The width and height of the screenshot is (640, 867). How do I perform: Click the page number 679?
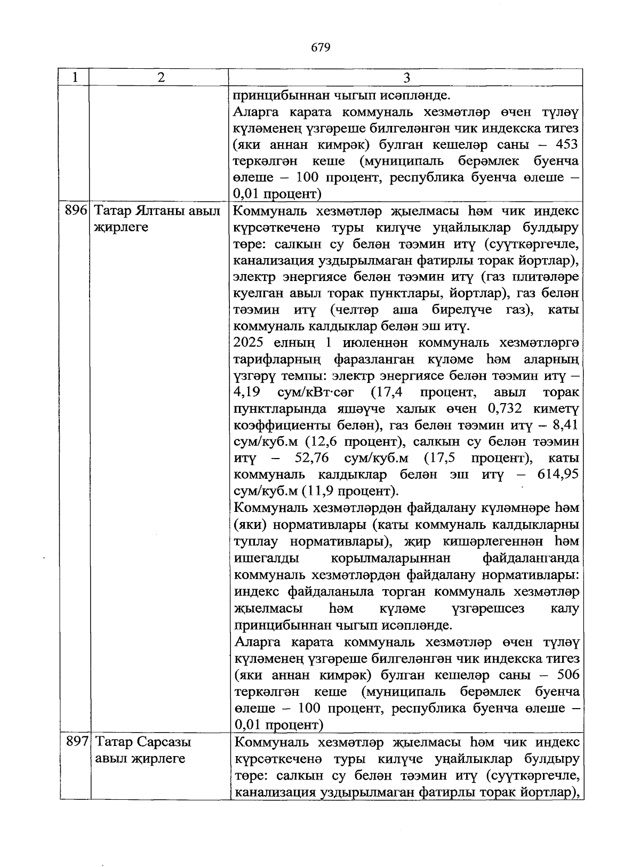pyautogui.click(x=321, y=48)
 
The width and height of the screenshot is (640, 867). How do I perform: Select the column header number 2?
pyautogui.click(x=160, y=78)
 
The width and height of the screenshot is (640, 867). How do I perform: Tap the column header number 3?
pyautogui.click(x=406, y=78)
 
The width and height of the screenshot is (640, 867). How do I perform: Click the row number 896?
pyautogui.click(x=75, y=211)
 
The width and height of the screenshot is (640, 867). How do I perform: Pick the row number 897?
pyautogui.click(x=76, y=742)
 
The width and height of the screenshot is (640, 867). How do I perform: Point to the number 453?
pyautogui.click(x=567, y=144)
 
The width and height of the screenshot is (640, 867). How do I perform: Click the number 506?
pyautogui.click(x=567, y=675)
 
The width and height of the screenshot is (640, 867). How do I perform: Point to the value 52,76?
pyautogui.click(x=311, y=458)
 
